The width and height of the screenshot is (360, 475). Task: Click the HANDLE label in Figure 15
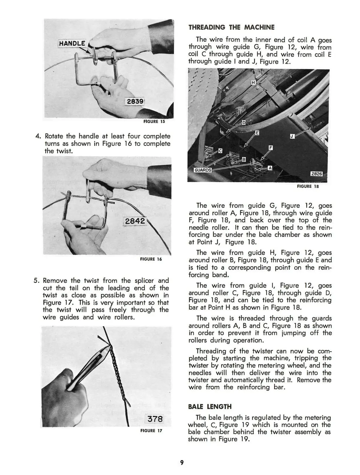(72, 43)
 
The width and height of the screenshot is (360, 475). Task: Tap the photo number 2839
(135, 101)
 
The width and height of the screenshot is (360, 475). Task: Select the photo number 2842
(135, 221)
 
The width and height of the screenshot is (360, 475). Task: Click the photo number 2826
(316, 174)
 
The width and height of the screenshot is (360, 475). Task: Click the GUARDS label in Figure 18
(203, 170)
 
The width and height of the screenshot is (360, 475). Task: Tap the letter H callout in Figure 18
(253, 82)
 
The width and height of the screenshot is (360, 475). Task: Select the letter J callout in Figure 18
(292, 136)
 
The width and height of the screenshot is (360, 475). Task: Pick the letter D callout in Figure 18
(244, 123)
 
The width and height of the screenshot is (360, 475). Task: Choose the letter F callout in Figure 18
(271, 148)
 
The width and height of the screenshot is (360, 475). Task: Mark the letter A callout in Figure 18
(270, 168)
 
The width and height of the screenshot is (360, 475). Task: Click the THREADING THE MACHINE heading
(231, 27)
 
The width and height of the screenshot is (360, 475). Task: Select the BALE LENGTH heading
(210, 407)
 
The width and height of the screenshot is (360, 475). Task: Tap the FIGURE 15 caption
(154, 122)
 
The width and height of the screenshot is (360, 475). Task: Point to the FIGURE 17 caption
(151, 431)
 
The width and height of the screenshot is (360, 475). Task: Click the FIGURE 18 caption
(308, 186)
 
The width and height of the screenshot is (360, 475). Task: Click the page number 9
(182, 462)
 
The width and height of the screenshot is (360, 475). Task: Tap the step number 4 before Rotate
(38, 136)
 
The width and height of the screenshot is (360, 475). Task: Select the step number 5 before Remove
(36, 280)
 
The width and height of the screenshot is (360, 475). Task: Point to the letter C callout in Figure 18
(220, 151)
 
